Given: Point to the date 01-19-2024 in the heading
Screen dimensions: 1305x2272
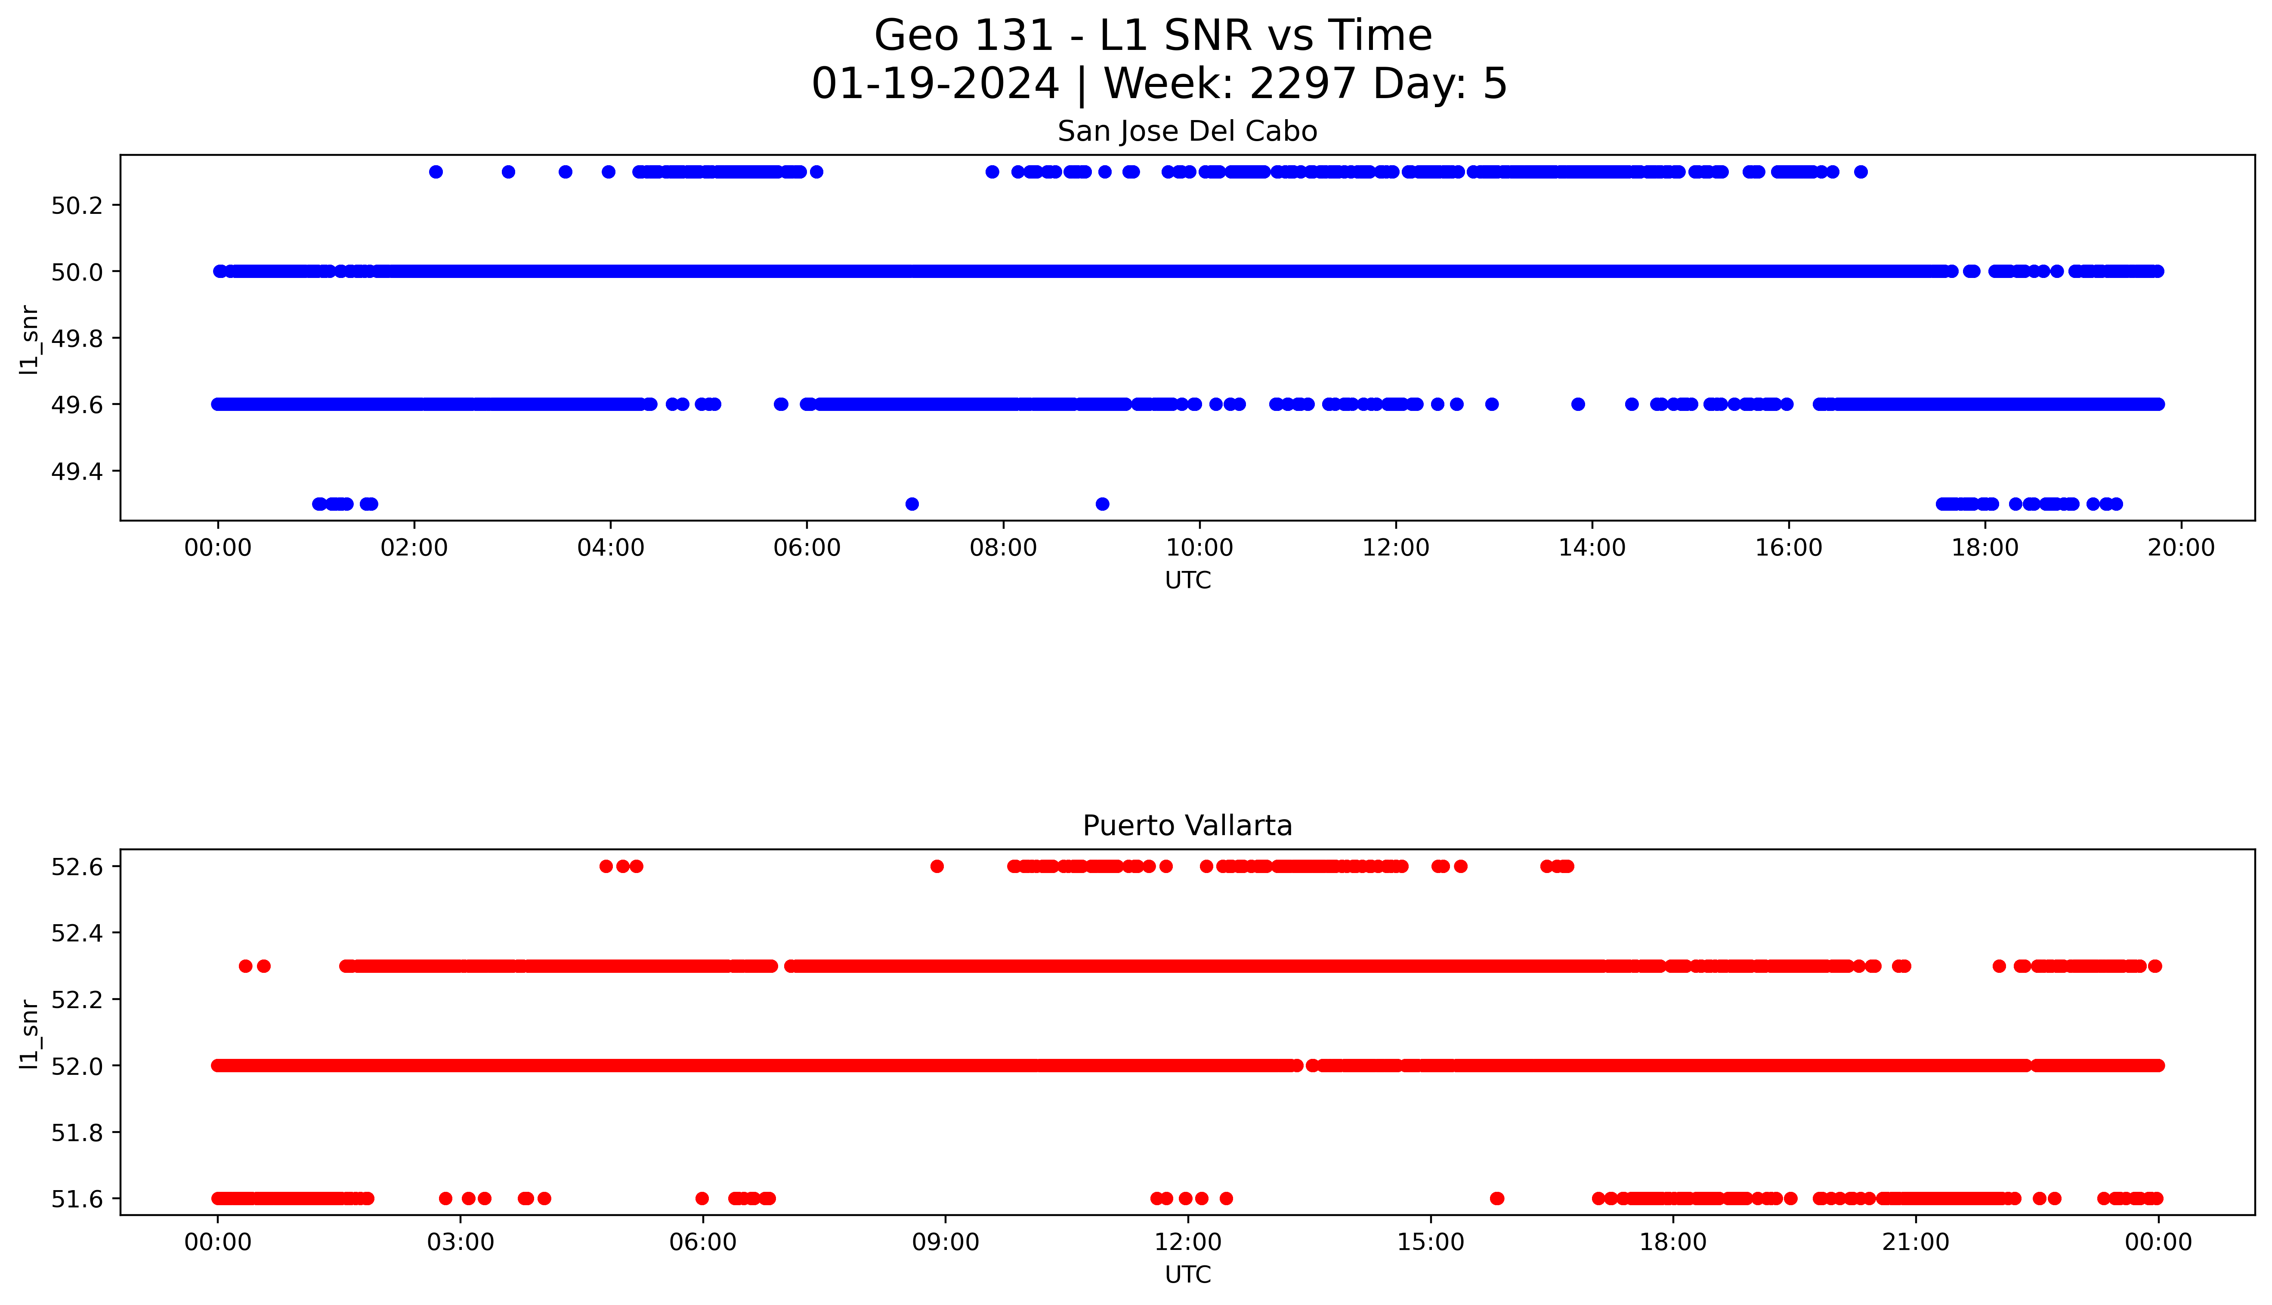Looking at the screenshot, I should [935, 84].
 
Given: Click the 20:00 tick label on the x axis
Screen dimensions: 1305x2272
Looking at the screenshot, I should [2181, 548].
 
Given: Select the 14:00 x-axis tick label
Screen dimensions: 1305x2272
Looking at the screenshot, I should [1592, 548].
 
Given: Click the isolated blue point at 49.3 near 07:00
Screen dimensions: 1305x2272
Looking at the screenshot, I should [912, 504].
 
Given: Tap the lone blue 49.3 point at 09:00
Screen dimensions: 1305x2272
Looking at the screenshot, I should [1102, 504].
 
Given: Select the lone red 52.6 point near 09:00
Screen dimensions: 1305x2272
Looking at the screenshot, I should [937, 866].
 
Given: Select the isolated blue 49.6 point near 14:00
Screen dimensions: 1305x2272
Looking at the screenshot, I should [1577, 404].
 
